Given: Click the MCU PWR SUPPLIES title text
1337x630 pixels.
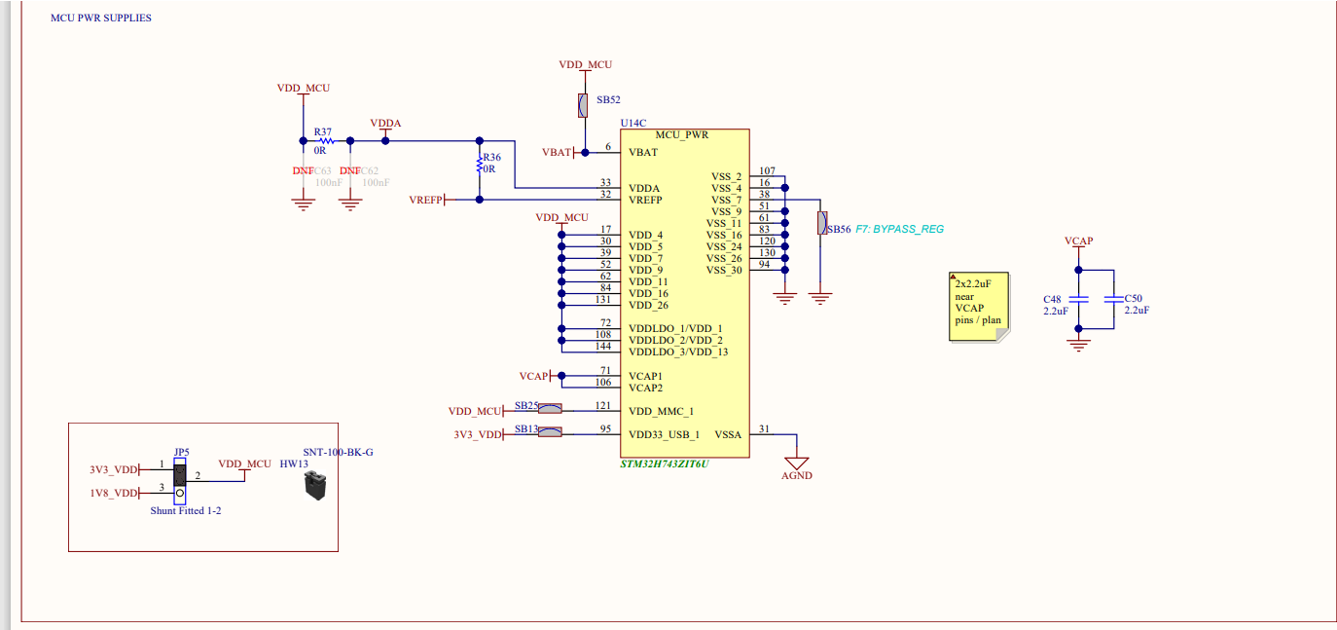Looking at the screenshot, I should pos(101,19).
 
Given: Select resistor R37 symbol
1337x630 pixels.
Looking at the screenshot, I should pos(326,140).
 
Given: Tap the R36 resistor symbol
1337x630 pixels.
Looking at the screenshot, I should pos(479,166).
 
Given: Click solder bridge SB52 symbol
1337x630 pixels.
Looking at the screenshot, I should pos(583,105).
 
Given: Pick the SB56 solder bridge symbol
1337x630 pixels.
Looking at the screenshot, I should pos(822,223).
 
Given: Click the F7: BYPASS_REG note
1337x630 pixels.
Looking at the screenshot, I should pos(900,229).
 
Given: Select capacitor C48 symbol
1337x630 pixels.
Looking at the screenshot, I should pos(1077,300).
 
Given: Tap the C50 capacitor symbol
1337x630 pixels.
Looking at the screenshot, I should pos(1112,300).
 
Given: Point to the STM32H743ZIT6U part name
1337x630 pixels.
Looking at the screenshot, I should pos(665,464).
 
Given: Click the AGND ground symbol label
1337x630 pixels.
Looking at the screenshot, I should pos(796,475).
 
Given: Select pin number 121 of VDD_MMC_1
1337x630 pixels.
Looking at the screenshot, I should pos(604,405).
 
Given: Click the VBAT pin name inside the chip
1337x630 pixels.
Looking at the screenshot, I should pos(643,152).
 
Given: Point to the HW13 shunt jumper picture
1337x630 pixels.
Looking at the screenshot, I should pos(314,486).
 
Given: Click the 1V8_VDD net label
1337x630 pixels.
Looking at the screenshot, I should pos(114,493).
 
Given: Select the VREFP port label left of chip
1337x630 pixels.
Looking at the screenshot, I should pos(426,200).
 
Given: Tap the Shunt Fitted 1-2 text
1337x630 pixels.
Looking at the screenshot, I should pos(186,510).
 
